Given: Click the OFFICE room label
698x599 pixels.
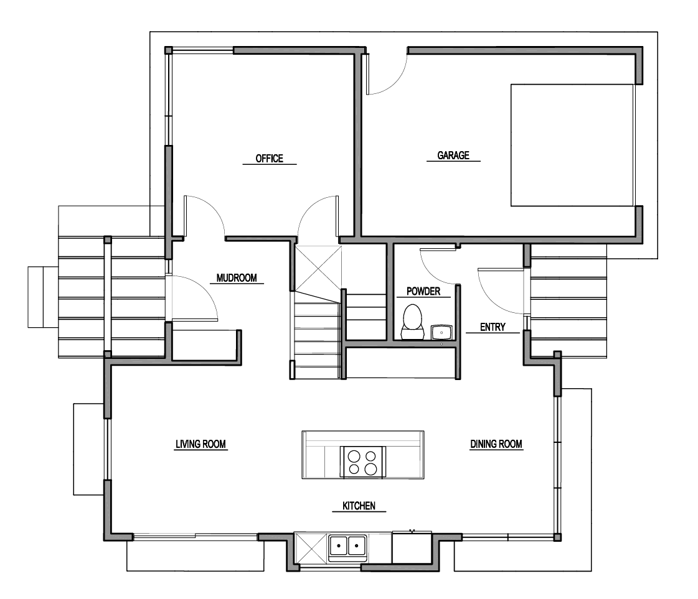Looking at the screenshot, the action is point(270,159).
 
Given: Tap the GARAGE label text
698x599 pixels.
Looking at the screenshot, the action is point(453,156).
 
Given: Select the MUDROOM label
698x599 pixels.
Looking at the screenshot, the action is point(237,278).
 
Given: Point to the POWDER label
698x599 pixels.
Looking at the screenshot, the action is point(423,291).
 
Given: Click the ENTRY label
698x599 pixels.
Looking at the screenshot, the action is point(493,327).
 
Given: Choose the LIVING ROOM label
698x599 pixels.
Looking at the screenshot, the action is point(200,443).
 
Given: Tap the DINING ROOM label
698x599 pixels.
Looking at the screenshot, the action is point(496,443).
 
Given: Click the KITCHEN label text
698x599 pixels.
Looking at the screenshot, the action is point(359,506).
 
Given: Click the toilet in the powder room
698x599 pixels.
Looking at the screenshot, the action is point(412,322).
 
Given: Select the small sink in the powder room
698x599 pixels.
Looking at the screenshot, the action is point(441,332).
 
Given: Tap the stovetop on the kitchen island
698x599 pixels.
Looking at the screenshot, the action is point(363,462).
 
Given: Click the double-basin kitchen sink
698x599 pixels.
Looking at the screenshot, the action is point(347,545).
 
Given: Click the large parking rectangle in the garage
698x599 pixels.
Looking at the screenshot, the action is point(572,145).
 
